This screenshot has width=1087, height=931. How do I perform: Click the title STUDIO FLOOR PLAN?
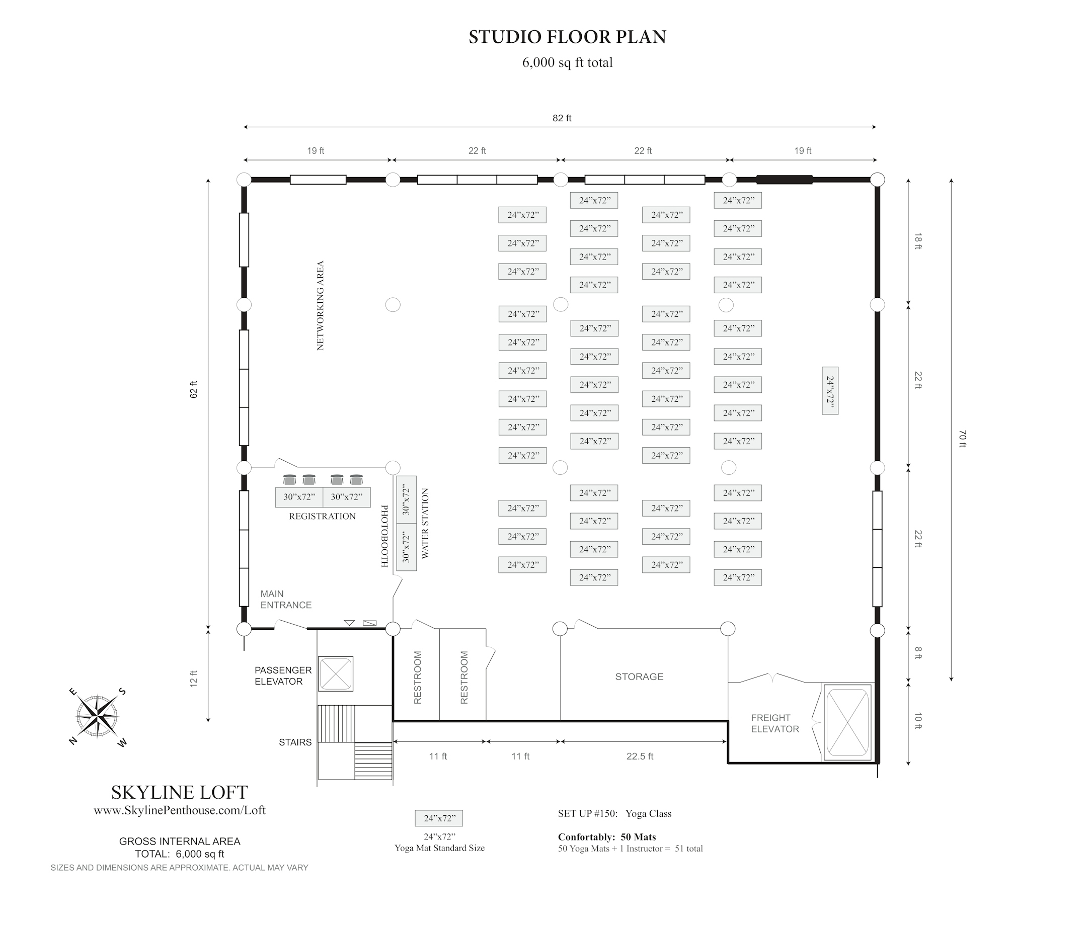tap(567, 37)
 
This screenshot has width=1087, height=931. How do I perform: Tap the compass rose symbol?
tap(97, 716)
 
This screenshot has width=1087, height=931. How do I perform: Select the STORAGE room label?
tap(639, 677)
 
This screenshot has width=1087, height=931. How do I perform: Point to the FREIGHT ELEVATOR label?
tap(775, 723)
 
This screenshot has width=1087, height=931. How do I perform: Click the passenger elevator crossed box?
tap(336, 673)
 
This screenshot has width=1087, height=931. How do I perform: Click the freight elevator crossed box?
tap(848, 722)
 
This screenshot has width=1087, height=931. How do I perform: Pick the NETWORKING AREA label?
tap(321, 305)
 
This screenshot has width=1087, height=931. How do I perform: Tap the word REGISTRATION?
tap(322, 517)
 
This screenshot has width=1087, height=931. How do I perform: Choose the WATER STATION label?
tap(425, 523)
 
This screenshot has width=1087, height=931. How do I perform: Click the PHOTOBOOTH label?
tap(384, 536)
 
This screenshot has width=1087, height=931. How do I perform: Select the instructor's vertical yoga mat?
tap(830, 390)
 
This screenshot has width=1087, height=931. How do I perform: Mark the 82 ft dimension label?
tap(562, 118)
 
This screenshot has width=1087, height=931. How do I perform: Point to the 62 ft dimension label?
tap(194, 389)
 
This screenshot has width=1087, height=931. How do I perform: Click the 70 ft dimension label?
tap(962, 439)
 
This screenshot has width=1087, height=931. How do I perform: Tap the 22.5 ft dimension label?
tap(640, 756)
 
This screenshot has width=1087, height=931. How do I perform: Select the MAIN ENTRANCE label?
tap(286, 599)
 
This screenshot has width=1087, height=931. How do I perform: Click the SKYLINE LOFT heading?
tap(180, 792)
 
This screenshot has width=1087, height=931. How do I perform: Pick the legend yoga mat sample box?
tap(439, 818)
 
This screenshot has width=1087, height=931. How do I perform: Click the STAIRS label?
tap(295, 742)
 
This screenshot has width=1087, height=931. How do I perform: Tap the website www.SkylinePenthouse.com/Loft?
tap(180, 810)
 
